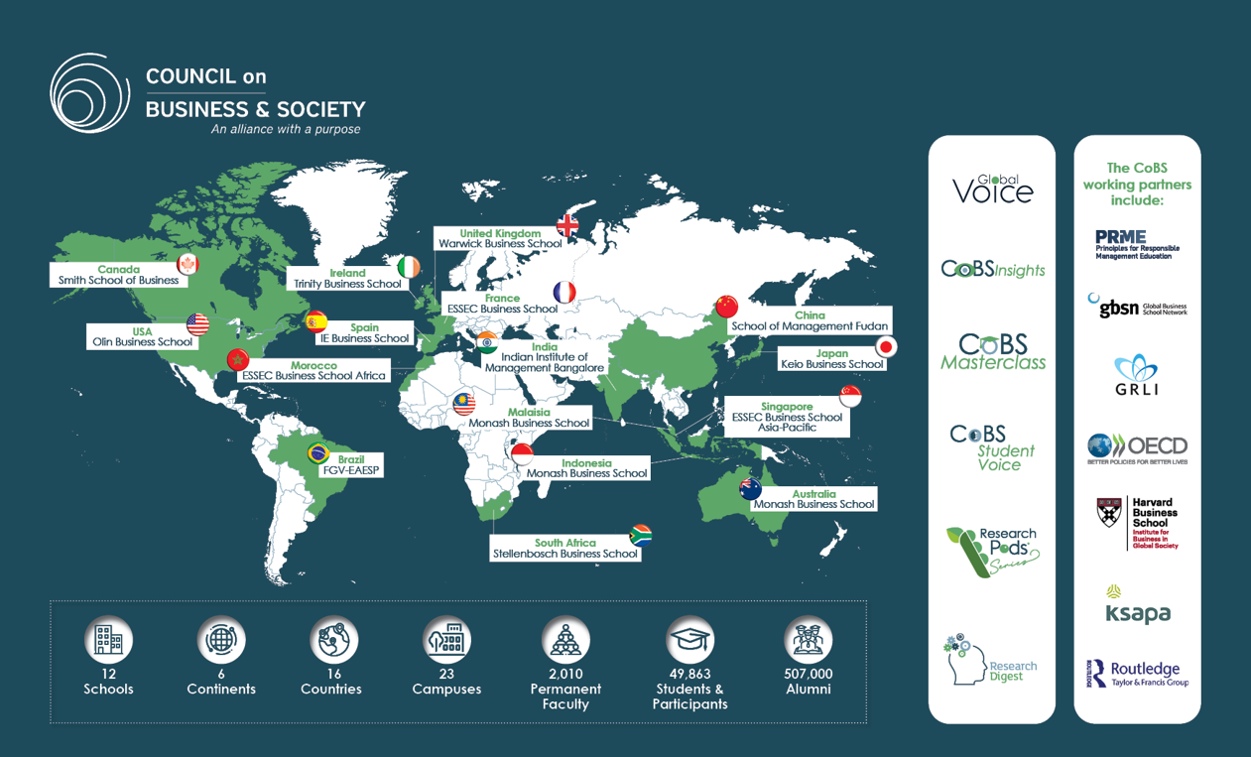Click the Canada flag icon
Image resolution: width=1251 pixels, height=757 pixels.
(188, 264)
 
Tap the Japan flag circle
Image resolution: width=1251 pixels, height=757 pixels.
(886, 346)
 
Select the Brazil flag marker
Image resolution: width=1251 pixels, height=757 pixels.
(318, 453)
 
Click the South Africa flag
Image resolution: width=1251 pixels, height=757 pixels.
(641, 535)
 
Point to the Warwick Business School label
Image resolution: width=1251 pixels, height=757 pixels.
(500, 243)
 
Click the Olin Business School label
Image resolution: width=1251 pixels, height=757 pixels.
(143, 342)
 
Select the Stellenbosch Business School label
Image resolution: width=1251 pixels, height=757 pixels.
(564, 554)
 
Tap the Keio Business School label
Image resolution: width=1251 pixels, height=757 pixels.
(831, 364)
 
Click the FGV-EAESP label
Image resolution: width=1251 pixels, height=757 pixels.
(351, 470)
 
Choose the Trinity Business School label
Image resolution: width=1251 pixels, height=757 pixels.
(347, 284)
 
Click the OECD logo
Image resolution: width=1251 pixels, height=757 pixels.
(1137, 447)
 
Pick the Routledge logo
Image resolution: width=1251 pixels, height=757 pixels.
(1137, 674)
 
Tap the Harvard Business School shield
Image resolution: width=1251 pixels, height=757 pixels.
(1109, 513)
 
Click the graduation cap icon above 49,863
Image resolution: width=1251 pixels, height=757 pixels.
(689, 641)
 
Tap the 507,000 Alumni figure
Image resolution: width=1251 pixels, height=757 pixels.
(808, 681)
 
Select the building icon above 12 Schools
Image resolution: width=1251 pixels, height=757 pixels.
(108, 641)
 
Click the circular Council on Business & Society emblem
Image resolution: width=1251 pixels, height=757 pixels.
(89, 93)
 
